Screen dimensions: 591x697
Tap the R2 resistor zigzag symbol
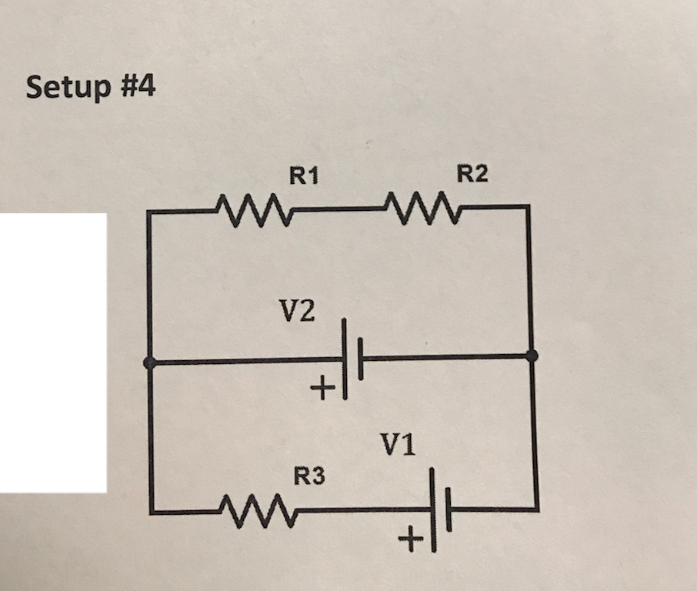pyautogui.click(x=420, y=206)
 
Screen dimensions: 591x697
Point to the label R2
pyautogui.click(x=472, y=175)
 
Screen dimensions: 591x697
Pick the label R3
pyautogui.click(x=310, y=477)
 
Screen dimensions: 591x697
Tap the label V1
pyautogui.click(x=398, y=444)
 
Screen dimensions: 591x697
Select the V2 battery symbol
pyautogui.click(x=352, y=358)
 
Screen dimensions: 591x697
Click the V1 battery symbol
pyautogui.click(x=440, y=509)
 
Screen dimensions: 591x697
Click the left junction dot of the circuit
pyautogui.click(x=150, y=362)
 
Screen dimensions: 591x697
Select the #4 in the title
pyautogui.click(x=138, y=85)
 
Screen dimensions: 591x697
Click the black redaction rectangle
pyautogui.click(x=52, y=352)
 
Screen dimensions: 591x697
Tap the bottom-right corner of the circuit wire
pyautogui.click(x=536, y=508)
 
